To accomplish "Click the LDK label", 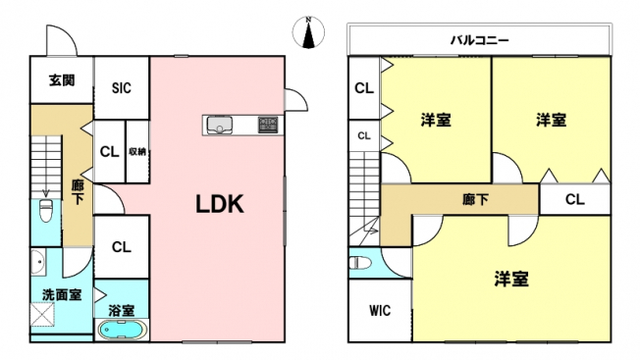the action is [220, 204].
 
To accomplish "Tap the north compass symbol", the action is [308, 32].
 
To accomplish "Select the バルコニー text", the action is [480, 40].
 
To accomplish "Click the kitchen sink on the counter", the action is [220, 125].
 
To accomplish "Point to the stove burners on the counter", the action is [268, 125].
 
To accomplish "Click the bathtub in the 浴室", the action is [121, 330].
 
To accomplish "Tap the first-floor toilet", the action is [46, 210].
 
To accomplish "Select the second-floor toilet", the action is [360, 263].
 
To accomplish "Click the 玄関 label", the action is [62, 80].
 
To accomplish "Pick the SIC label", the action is [122, 88].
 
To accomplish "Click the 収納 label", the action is [137, 152].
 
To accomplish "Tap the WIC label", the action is [380, 311].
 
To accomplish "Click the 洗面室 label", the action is [62, 294].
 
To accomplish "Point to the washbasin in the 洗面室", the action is [38, 261].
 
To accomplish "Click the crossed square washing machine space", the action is [42, 314].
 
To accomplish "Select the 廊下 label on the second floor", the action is [475, 199].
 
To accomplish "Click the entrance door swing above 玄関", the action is [61, 41].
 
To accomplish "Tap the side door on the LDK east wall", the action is [295, 99].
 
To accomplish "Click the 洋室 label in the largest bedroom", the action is [511, 279].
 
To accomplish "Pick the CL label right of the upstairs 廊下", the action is [574, 199].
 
